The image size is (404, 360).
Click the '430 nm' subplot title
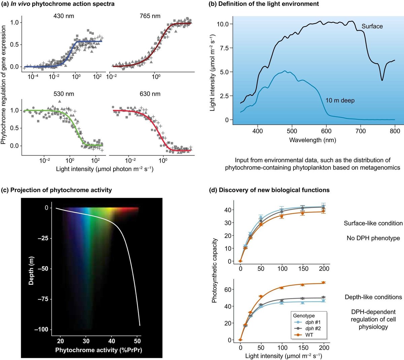point(64,16)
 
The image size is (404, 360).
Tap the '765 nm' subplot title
point(150,16)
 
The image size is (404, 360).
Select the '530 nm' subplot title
point(64,94)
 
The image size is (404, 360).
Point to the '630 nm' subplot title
point(150,94)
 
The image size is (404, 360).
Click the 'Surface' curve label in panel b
point(372,26)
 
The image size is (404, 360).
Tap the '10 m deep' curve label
point(340,100)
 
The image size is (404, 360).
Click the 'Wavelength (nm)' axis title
point(312,140)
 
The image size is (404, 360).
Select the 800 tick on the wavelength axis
point(395,131)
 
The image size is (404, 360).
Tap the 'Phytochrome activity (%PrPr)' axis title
point(99,350)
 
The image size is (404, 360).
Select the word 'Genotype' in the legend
point(304,316)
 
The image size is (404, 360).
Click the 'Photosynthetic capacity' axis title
point(214,271)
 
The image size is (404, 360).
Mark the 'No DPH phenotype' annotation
point(373,238)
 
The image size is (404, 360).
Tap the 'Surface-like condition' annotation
point(373,223)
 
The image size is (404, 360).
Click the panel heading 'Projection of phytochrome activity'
point(61,190)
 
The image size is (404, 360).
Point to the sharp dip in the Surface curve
point(382,80)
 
